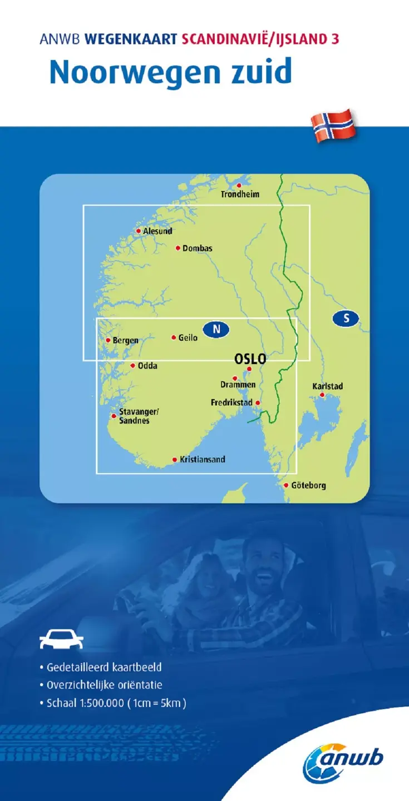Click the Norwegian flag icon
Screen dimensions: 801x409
[x=333, y=126]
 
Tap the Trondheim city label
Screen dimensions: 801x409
[x=240, y=195]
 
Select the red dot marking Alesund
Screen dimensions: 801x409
[x=139, y=231]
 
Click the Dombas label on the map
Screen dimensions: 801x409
[x=197, y=248]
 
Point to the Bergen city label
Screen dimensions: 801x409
[x=125, y=341]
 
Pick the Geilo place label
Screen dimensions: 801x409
[x=188, y=337]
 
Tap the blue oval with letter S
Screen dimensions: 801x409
[x=346, y=319]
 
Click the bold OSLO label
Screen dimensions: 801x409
[x=250, y=359]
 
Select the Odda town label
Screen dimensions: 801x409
[x=147, y=366]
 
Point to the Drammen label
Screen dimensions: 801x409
[x=238, y=385]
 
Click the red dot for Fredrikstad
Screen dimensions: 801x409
[x=257, y=402]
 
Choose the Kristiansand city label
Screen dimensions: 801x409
[x=202, y=460]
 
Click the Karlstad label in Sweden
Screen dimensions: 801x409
[x=327, y=386]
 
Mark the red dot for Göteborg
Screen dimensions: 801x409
[x=287, y=485]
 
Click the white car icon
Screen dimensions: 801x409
[x=61, y=639]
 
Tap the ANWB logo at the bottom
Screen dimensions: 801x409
[x=343, y=762]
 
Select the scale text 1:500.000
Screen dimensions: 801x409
[x=98, y=703]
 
